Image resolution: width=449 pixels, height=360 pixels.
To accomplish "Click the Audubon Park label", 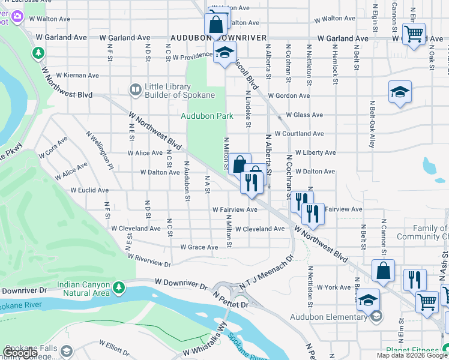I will click(x=206, y=116).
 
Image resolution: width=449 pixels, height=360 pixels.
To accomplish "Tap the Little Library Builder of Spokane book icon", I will click(x=136, y=91).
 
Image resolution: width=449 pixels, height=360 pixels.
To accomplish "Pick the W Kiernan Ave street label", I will click(x=77, y=76).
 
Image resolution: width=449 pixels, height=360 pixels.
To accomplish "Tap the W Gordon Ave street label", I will click(x=289, y=96).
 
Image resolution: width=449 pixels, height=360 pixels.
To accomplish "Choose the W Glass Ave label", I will click(x=304, y=115).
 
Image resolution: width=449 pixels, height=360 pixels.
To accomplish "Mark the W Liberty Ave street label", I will click(x=315, y=153).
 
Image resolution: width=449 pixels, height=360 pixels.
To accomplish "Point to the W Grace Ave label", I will click(x=199, y=247).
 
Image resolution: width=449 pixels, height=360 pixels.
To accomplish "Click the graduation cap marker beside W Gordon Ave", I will click(x=400, y=92).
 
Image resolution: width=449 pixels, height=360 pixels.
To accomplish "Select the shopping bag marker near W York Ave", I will click(x=383, y=271).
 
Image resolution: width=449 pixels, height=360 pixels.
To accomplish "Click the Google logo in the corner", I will click(x=20, y=353).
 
